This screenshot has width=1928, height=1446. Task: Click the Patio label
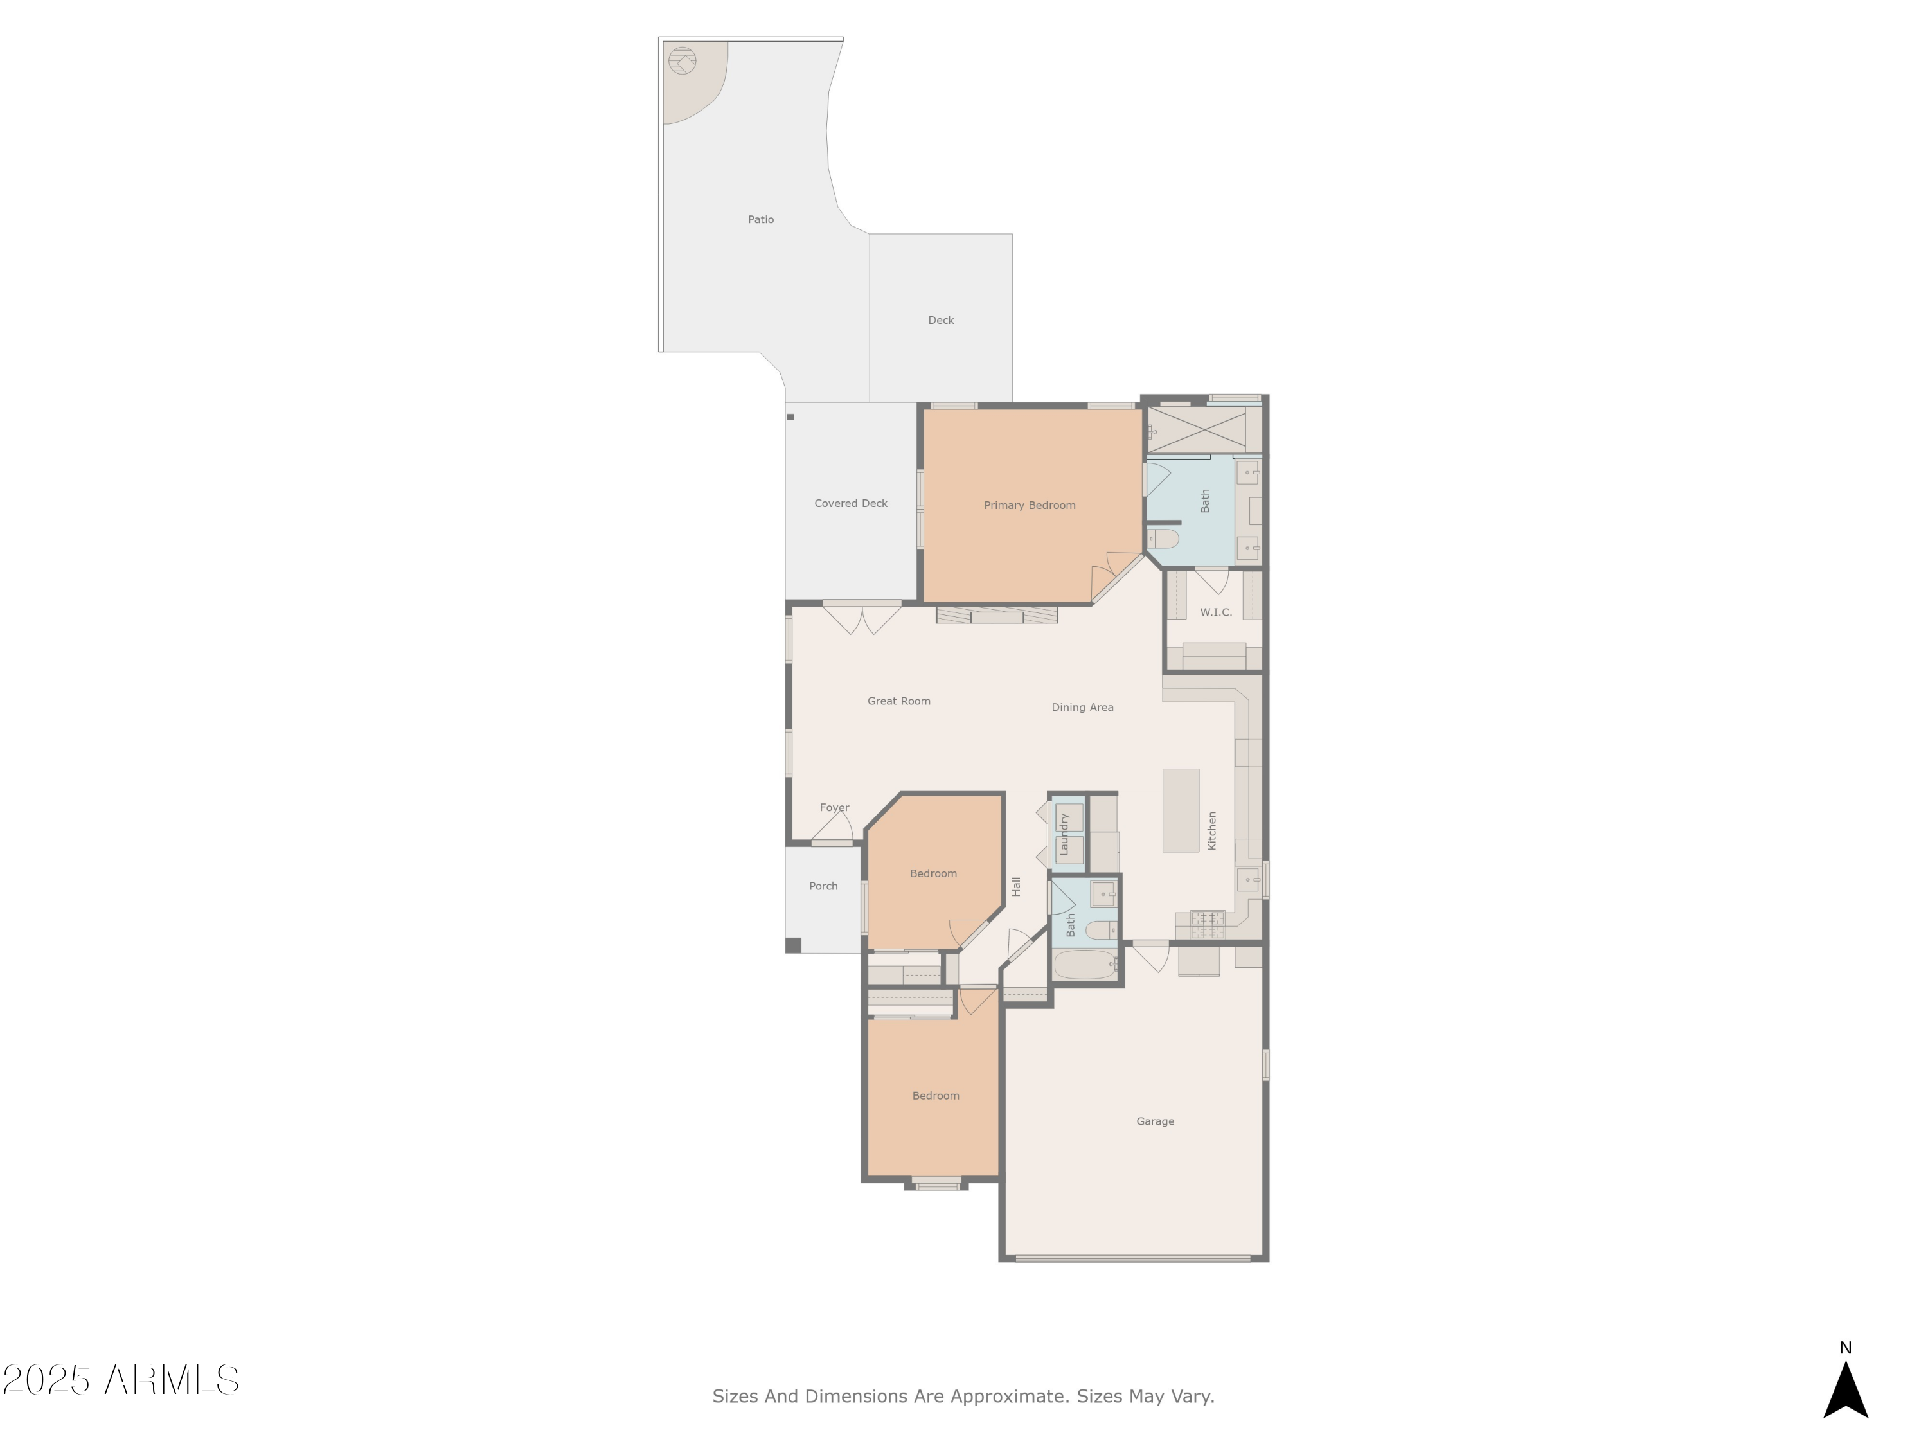point(760,220)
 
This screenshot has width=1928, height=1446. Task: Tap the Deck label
point(940,320)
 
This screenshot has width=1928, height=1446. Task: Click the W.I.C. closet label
point(1215,612)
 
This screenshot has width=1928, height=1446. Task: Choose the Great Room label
point(898,701)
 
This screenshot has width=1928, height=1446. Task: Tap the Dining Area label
point(1082,707)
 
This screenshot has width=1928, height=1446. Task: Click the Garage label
point(1154,1121)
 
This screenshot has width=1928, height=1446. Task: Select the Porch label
point(823,886)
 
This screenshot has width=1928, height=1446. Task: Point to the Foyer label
point(834,807)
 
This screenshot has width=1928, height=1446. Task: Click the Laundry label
point(1064,834)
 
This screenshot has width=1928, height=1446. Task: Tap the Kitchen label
point(1211,830)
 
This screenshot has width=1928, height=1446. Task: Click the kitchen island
point(1180,810)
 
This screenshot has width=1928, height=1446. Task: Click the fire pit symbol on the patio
point(682,61)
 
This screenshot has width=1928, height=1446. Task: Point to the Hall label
point(1015,886)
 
